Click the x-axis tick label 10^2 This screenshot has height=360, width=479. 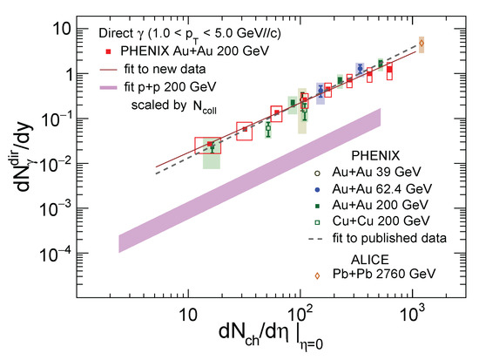click(x=301, y=311)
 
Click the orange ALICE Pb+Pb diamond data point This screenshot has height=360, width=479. click(x=422, y=43)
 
